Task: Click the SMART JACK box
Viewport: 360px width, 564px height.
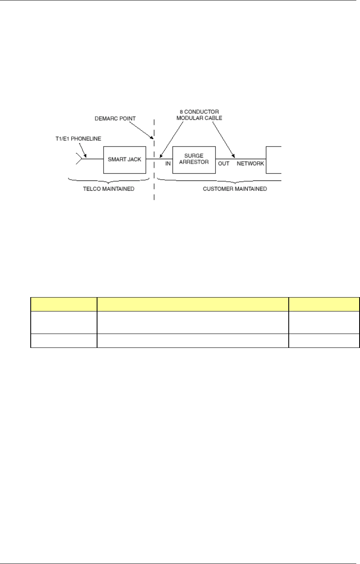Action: coord(125,159)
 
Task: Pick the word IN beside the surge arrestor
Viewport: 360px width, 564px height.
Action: coord(167,164)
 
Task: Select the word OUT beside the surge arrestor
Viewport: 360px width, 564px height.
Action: coord(224,164)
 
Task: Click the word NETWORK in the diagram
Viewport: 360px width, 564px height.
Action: coord(250,164)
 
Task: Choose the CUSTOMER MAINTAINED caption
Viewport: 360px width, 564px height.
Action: coord(235,189)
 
